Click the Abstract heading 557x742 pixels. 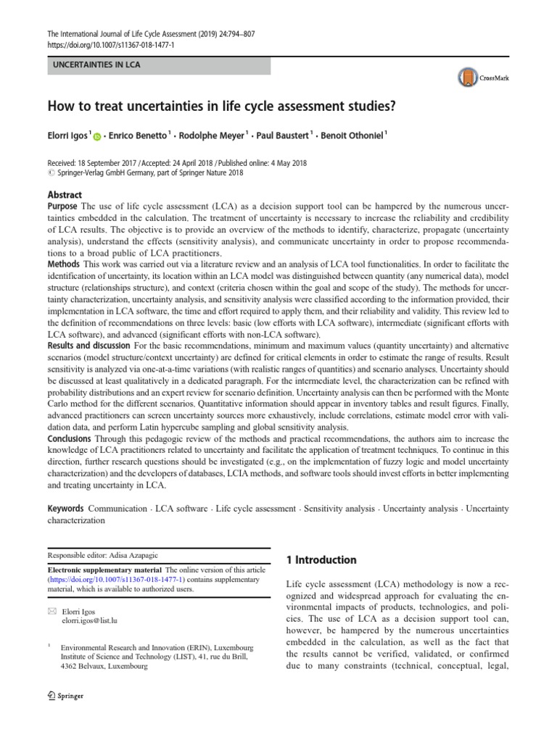pyautogui.click(x=65, y=195)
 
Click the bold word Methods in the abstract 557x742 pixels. pyautogui.click(x=64, y=266)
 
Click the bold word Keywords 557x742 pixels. pyautogui.click(x=66, y=509)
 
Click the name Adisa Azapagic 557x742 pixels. pyautogui.click(x=138, y=555)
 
